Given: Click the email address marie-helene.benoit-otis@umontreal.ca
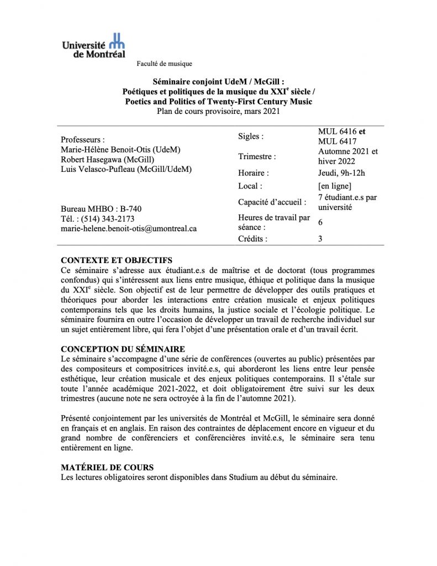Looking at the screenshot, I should tap(129, 228).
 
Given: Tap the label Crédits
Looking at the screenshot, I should tap(252, 239).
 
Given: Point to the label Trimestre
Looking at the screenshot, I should tap(257, 157).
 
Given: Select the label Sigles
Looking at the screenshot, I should tap(250, 136).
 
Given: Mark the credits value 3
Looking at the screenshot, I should tap(320, 239).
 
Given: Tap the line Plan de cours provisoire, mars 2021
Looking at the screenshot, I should tap(219, 111).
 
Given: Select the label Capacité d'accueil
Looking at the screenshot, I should tap(272, 202).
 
